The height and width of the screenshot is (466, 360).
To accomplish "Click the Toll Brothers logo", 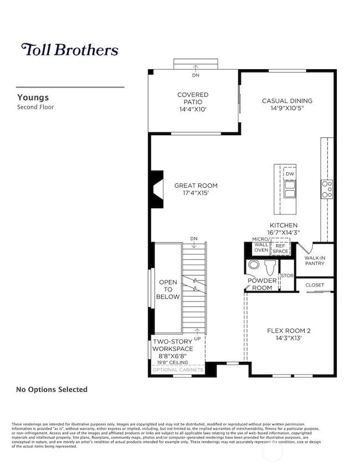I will [x=70, y=50].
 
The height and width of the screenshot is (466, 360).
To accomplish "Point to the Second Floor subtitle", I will [x=35, y=106].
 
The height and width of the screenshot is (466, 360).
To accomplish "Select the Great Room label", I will [x=196, y=186].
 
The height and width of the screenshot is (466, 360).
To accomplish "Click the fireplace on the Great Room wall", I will [x=156, y=188].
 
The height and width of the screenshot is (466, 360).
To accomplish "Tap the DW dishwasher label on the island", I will [x=290, y=174].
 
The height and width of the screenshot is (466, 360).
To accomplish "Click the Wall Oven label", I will [x=261, y=247].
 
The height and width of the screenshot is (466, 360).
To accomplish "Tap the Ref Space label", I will [x=280, y=248].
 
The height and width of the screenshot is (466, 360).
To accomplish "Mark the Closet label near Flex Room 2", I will [x=315, y=285].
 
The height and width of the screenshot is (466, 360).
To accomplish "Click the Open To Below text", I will [x=169, y=289].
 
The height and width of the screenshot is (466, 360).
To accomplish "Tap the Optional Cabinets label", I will [x=178, y=370].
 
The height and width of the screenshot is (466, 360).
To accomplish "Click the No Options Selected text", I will [x=52, y=390].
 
